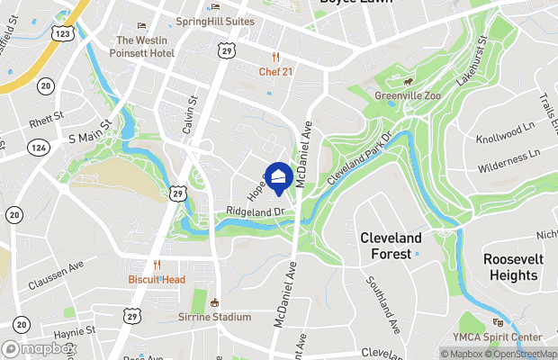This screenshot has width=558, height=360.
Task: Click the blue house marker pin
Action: pyautogui.click(x=279, y=175)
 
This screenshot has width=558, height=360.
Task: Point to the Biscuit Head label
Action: pyautogui.click(x=157, y=279)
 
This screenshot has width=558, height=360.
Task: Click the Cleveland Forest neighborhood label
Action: pyautogui.click(x=391, y=245)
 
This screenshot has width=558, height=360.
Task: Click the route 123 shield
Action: pyautogui.click(x=62, y=33)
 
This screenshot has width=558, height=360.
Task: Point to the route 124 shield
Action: pyautogui.click(x=37, y=146)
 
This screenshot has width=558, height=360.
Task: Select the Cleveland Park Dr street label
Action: pyautogui.click(x=360, y=160)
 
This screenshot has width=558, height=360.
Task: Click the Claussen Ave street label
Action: pyautogui.click(x=56, y=274)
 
